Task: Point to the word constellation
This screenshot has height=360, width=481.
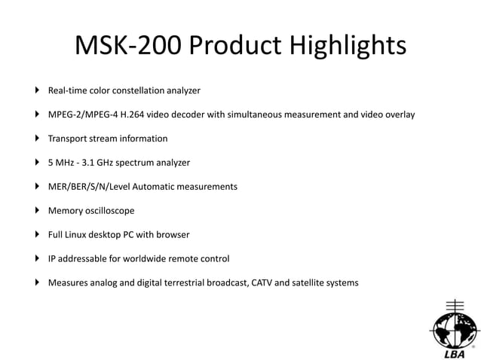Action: (x=141, y=90)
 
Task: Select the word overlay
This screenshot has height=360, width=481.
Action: (x=397, y=114)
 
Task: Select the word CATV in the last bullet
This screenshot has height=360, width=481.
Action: (x=268, y=283)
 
